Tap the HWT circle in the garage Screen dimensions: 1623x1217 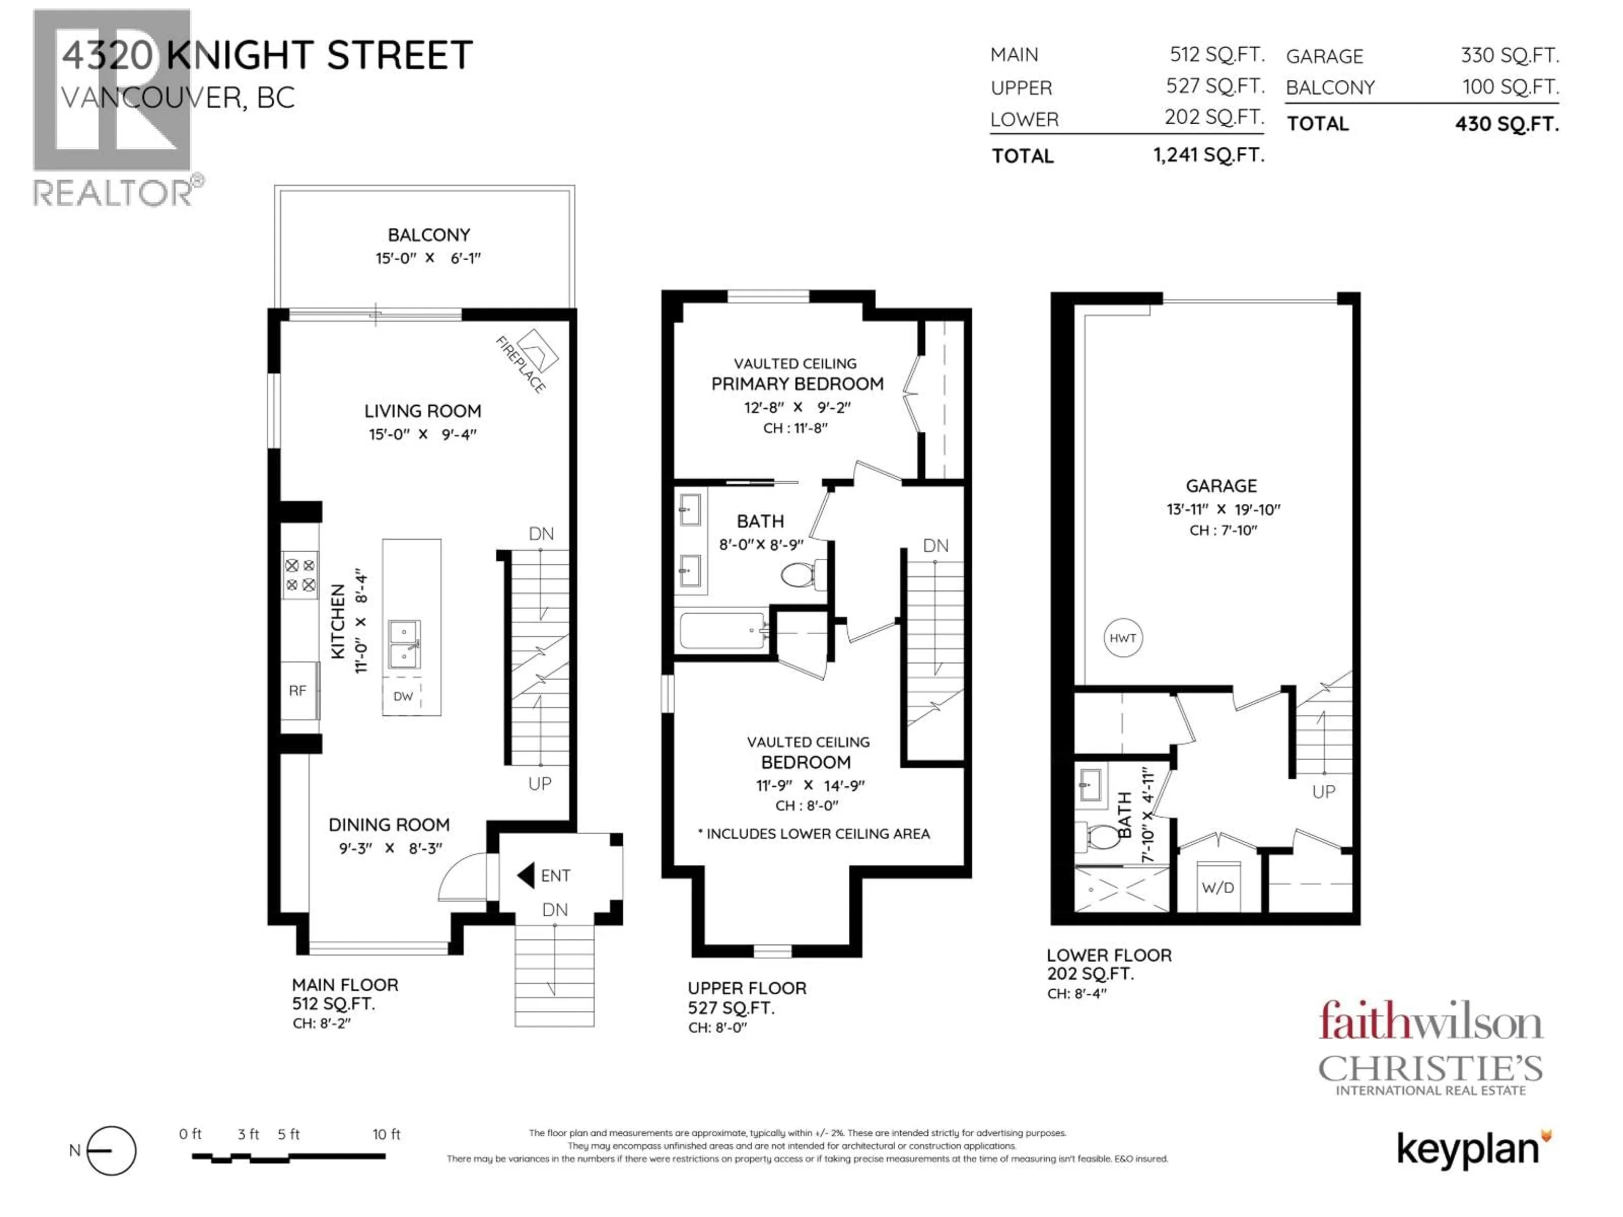(1123, 638)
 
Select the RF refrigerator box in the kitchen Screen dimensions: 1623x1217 (299, 690)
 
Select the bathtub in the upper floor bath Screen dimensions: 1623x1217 (724, 631)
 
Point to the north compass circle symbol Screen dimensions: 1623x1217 (112, 1150)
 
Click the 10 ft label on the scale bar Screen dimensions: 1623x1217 (387, 1134)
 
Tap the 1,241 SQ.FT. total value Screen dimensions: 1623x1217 (1208, 155)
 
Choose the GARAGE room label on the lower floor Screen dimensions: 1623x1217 (1221, 486)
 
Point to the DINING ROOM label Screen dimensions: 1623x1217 (389, 824)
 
